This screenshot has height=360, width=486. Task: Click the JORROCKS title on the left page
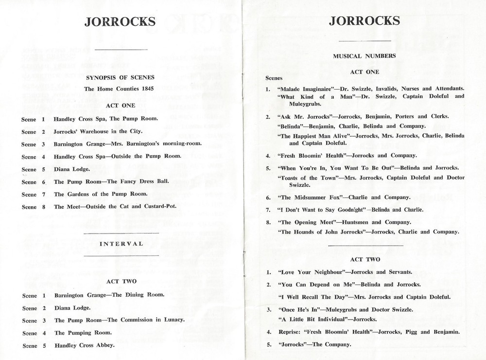tap(120, 22)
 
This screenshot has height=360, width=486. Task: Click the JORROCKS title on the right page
tap(364, 21)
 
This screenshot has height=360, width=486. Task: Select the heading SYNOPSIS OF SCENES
tap(120, 77)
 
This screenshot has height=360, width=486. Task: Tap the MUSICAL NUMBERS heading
tap(364, 56)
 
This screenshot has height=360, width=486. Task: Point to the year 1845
tap(147, 89)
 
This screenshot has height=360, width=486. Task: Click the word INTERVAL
tap(121, 244)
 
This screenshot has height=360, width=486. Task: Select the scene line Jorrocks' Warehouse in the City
tap(98, 131)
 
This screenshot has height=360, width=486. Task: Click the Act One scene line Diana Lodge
tap(72, 169)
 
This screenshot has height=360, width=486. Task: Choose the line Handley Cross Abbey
tap(85, 345)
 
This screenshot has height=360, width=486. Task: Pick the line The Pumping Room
tap(83, 333)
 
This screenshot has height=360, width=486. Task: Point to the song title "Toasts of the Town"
tap(309, 178)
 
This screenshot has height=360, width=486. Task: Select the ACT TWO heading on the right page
tap(364, 260)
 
